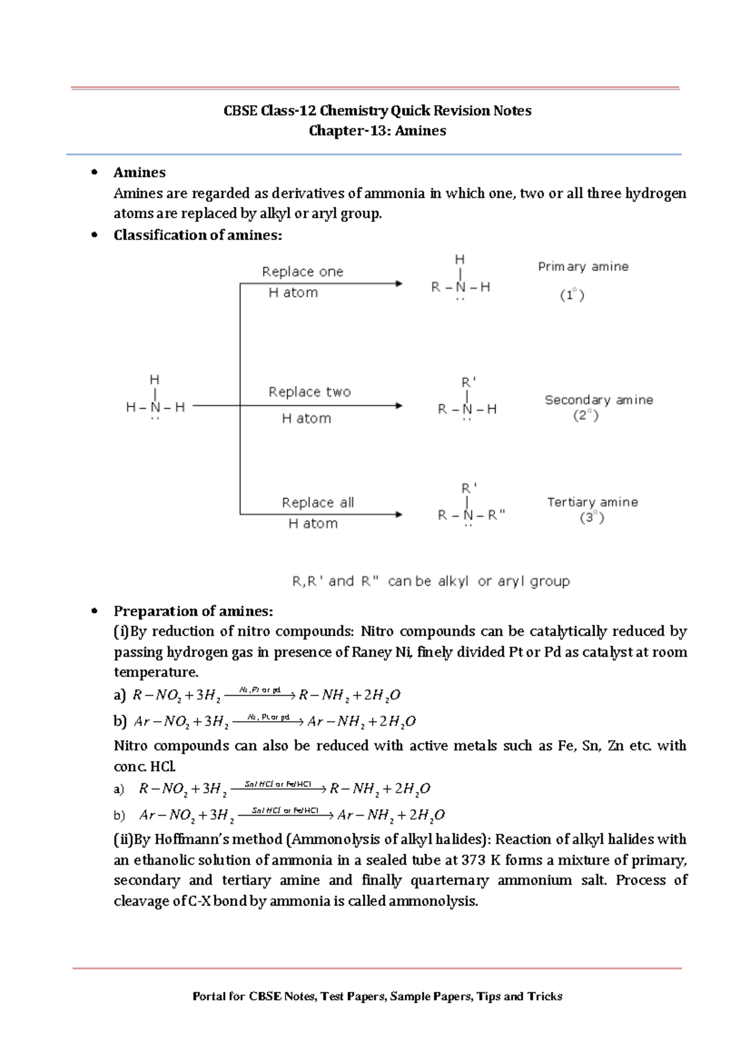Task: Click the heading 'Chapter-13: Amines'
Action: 377,131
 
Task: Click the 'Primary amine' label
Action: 582,266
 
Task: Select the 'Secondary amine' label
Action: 598,400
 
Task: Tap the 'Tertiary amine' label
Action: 592,502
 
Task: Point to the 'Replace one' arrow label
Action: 302,272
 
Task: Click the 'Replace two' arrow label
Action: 309,392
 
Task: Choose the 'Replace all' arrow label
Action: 317,503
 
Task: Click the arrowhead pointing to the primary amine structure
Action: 398,284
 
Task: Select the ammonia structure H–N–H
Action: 155,407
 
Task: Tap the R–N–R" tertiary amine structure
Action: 471,515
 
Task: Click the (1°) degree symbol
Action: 572,295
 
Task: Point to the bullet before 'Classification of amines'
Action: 95,235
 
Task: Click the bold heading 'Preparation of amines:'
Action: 193,611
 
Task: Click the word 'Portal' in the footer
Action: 209,996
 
